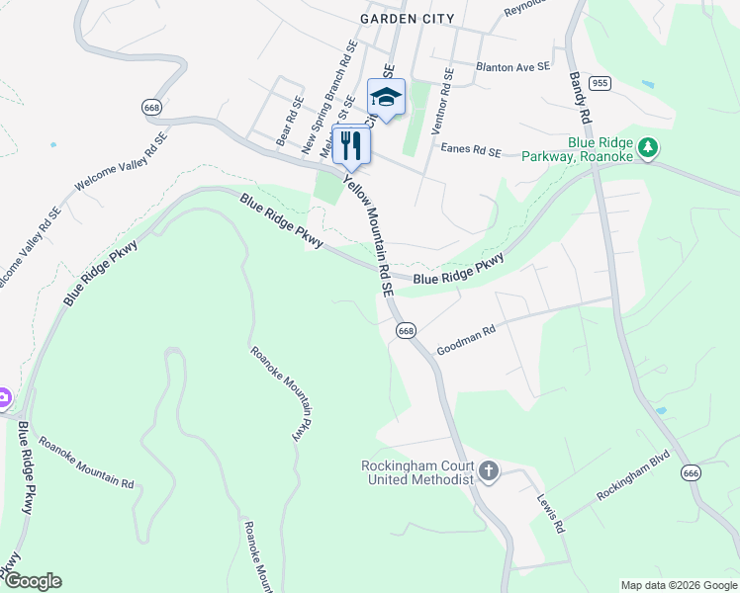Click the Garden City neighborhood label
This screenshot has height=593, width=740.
point(408,19)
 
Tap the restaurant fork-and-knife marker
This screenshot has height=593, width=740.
point(351,146)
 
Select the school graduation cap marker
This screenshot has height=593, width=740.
point(386,97)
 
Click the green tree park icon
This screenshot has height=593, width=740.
point(648,147)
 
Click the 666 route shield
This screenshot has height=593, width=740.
point(692,474)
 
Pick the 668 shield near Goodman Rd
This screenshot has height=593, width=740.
point(406,331)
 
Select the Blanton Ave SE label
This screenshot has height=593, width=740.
point(511,67)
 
